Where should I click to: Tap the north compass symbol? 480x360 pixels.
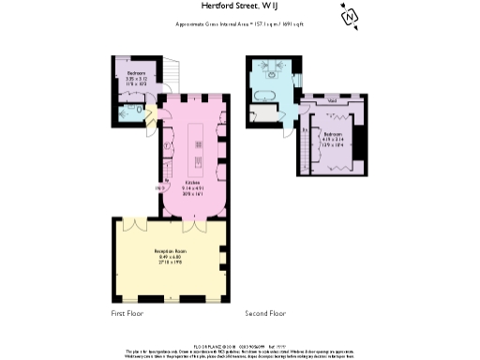(x=350, y=17)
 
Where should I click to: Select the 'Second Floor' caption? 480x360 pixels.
(x=265, y=313)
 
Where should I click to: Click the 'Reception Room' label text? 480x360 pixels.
(x=170, y=255)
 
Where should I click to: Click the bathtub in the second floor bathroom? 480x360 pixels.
(x=262, y=93)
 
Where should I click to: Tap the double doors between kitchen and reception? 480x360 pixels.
(x=193, y=225)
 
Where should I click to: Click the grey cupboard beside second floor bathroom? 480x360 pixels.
(x=265, y=115)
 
